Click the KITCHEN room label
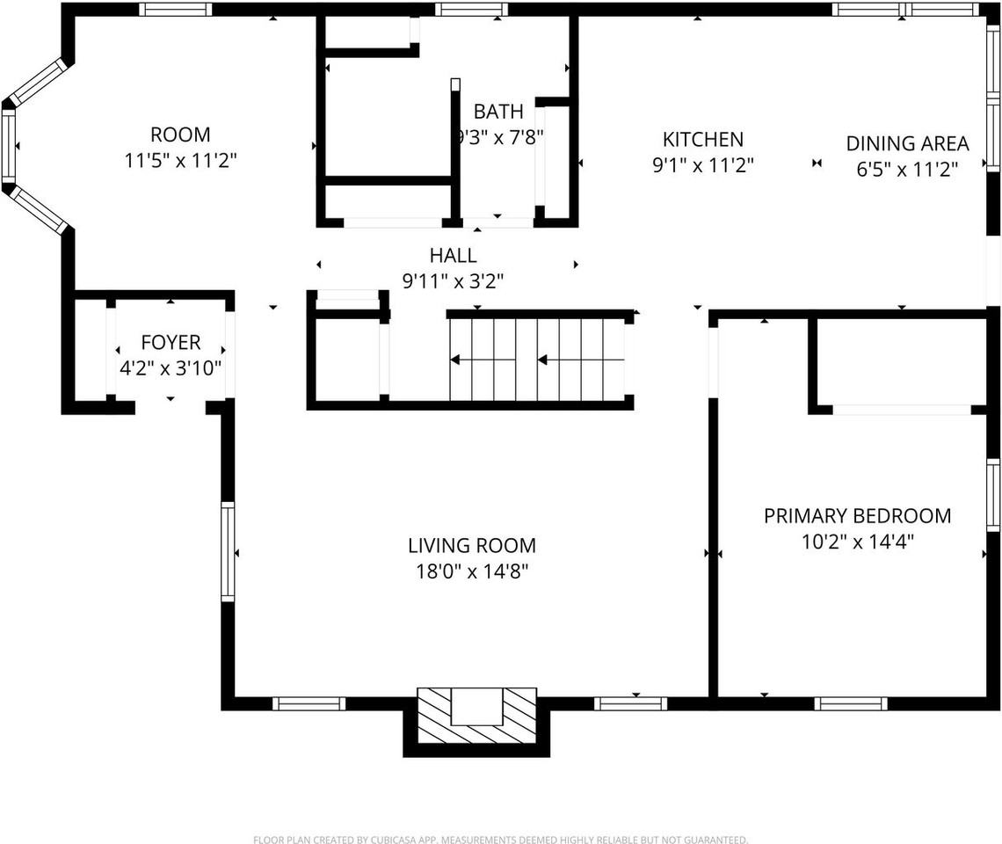point(702,139)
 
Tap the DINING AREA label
point(907,143)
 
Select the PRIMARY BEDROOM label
point(857,516)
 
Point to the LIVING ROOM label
point(472,546)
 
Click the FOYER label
point(171,343)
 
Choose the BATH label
point(498,112)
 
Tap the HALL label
point(453,256)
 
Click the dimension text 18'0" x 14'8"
point(472,571)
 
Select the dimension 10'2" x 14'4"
point(857,542)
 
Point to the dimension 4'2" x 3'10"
point(171,368)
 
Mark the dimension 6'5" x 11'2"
point(907,169)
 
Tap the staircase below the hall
point(537,359)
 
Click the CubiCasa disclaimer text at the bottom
point(501,840)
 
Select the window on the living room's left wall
point(228,551)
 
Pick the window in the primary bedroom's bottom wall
point(850,703)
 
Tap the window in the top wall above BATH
point(472,10)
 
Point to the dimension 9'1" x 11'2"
point(702,164)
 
